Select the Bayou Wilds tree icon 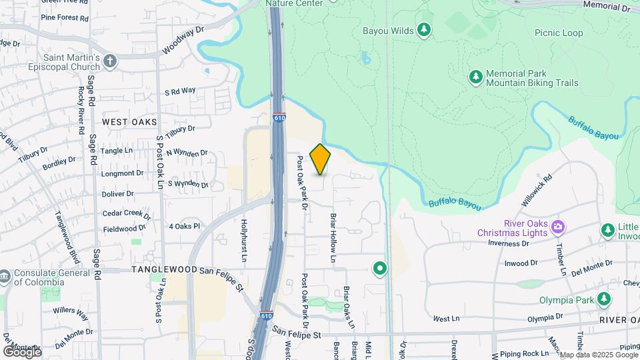click(x=423, y=30)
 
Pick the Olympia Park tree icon click(x=604, y=299)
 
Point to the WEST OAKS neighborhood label click(x=130, y=122)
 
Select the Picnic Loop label click(x=559, y=32)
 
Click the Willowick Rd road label click(x=538, y=187)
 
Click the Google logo click(x=23, y=351)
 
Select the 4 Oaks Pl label click(x=184, y=227)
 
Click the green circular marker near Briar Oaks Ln click(x=380, y=269)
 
